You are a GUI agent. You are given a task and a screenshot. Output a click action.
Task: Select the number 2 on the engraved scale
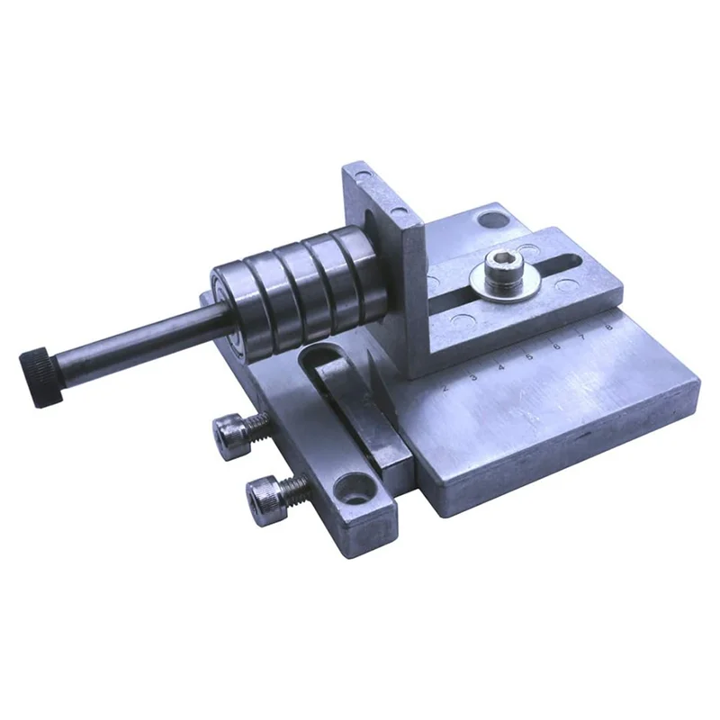(445, 388)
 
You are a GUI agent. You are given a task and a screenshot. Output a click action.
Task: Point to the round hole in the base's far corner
(490, 218)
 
